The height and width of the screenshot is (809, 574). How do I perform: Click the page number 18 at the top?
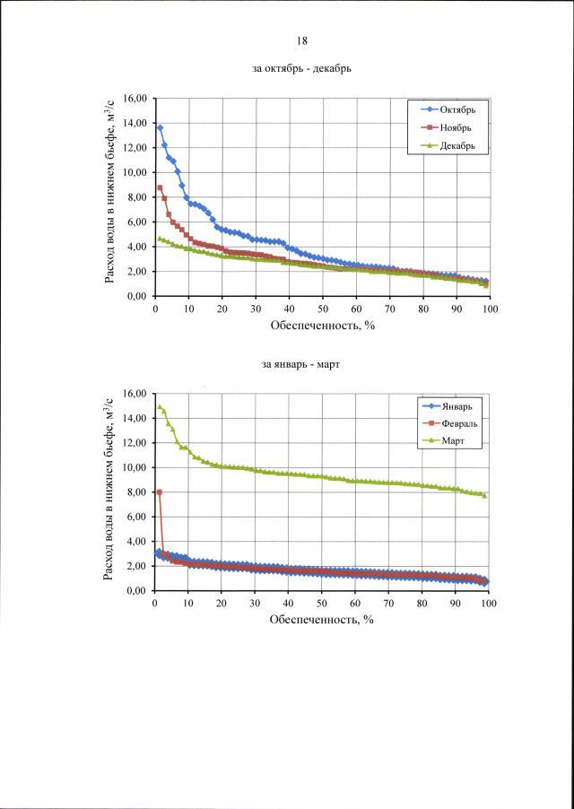[x=302, y=40]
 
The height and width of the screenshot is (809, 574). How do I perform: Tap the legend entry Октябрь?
[x=457, y=109]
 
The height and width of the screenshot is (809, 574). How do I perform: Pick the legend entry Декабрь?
[x=457, y=144]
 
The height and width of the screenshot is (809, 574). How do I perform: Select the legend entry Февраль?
[x=457, y=423]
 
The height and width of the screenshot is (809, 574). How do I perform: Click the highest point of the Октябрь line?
[x=160, y=127]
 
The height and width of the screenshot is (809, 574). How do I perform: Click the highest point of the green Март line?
[x=160, y=406]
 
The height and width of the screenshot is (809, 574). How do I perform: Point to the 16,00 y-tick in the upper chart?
[x=134, y=98]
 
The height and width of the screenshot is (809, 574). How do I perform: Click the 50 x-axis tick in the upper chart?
[x=323, y=309]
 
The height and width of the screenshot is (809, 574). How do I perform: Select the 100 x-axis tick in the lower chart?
[x=489, y=604]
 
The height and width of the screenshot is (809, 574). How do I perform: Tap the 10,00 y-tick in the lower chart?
[x=134, y=467]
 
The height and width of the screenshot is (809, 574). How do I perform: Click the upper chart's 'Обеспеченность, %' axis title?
[x=322, y=326]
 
